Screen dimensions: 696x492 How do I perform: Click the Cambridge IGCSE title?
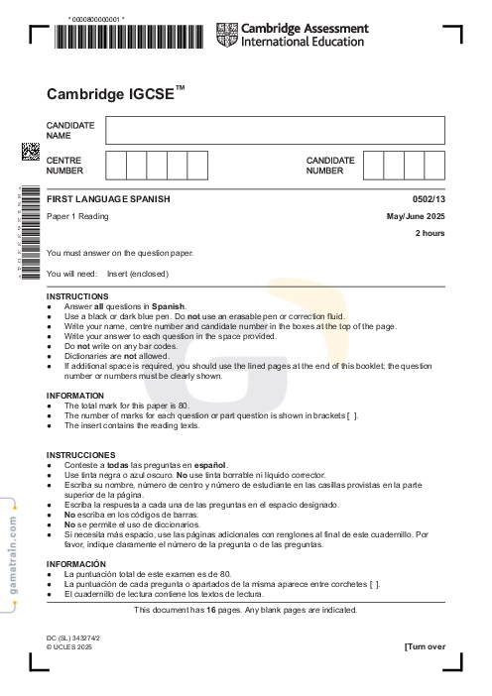(x=115, y=94)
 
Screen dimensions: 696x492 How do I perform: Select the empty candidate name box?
(x=275, y=130)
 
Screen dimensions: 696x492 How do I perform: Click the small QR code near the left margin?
(x=31, y=152)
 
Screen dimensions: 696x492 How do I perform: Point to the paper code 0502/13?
(x=429, y=199)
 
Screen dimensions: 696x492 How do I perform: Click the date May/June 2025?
(x=416, y=216)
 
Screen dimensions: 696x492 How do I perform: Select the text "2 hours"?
(x=430, y=233)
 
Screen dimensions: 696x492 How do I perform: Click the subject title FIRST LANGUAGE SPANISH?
(x=108, y=199)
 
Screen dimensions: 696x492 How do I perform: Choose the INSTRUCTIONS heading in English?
(x=77, y=296)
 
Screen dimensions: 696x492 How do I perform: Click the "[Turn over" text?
(x=425, y=646)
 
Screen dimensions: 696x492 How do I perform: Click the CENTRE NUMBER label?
(x=63, y=165)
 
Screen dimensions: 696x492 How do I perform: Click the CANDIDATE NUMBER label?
(x=329, y=165)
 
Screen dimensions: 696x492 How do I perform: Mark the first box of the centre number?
(x=115, y=165)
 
